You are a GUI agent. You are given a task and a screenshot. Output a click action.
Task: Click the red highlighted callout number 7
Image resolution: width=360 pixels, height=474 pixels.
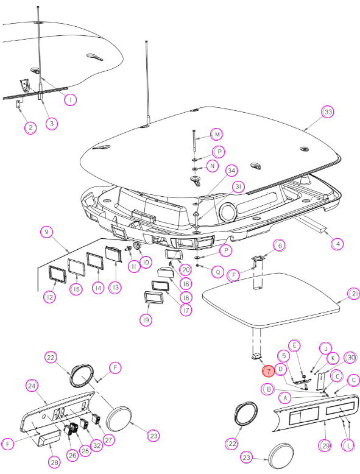(x=269, y=371)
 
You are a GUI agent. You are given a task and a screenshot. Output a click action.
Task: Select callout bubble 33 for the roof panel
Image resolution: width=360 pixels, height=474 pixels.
(x=328, y=112)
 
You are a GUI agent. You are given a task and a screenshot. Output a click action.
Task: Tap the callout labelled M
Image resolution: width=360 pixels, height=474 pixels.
(x=217, y=134)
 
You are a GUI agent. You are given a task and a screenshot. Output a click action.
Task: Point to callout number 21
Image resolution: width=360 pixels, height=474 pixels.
(x=354, y=294)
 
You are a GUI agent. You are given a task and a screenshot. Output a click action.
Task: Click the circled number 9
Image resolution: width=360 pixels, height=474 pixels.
(x=46, y=232)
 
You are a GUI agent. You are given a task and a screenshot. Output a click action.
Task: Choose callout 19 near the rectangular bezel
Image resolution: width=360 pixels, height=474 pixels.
(x=146, y=320)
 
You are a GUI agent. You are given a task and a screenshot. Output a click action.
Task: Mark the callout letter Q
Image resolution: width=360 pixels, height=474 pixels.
(x=217, y=272)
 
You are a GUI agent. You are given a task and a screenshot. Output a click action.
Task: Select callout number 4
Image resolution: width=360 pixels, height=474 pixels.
(x=337, y=244)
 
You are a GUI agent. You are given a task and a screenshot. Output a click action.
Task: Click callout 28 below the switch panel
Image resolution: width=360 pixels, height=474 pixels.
(x=54, y=462)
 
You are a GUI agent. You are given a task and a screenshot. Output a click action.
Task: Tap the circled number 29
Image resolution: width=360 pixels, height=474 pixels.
(x=325, y=445)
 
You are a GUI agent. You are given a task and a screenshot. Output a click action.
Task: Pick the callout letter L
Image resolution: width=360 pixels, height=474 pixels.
(x=348, y=445)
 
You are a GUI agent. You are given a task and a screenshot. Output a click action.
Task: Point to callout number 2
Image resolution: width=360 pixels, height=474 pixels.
(x=30, y=127)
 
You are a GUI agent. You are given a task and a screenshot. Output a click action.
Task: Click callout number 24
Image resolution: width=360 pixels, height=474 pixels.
(x=32, y=386)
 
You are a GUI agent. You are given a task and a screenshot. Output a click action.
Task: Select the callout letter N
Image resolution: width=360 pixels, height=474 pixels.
(x=212, y=166)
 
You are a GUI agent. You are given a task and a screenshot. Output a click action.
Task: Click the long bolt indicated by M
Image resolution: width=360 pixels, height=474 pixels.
(x=194, y=141)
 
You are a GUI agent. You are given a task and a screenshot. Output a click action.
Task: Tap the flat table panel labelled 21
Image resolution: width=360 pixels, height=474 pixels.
(x=271, y=300)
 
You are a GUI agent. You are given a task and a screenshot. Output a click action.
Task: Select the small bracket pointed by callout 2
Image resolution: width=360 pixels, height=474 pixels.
(x=18, y=104)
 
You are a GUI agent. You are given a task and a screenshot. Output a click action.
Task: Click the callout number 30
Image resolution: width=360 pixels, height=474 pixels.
(x=351, y=358)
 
